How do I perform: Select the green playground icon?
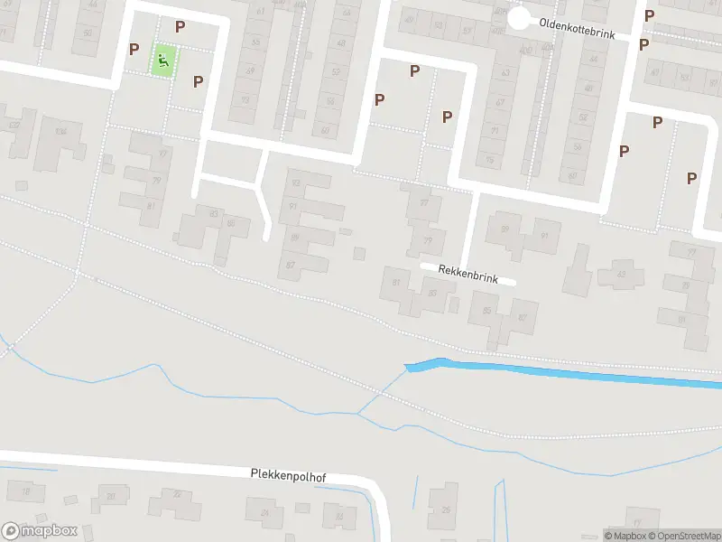[163, 61]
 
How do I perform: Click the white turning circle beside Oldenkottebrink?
[518, 18]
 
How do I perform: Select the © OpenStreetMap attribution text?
[683, 536]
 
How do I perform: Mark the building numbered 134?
[60, 132]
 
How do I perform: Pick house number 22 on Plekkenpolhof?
[176, 493]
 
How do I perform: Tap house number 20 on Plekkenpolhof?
[110, 496]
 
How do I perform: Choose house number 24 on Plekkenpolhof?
[264, 513]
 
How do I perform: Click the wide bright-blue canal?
[578, 373]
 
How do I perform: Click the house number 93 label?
[294, 207]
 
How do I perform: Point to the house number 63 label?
[505, 73]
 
